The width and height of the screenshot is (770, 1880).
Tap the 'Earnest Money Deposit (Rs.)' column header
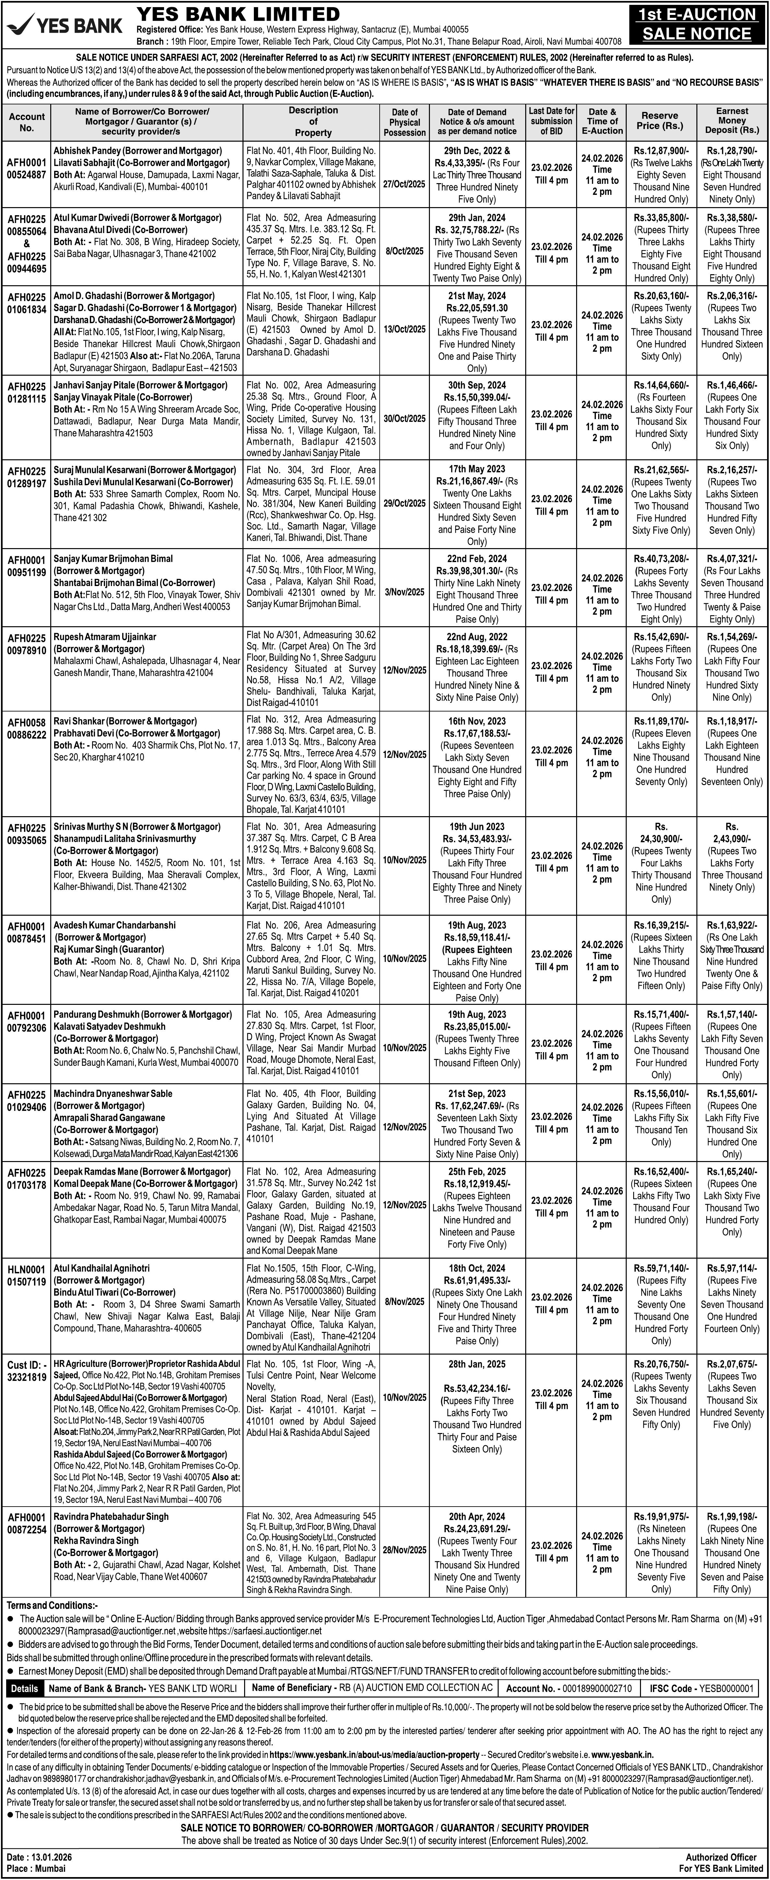point(731,121)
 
